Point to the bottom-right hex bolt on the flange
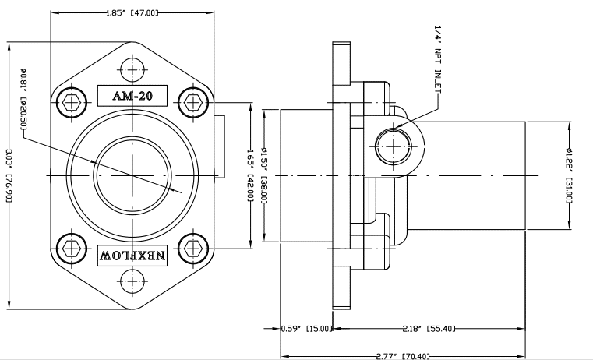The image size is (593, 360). click(x=192, y=249)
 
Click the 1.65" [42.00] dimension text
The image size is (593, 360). click(x=249, y=175)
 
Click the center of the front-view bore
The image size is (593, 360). click(x=132, y=175)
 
